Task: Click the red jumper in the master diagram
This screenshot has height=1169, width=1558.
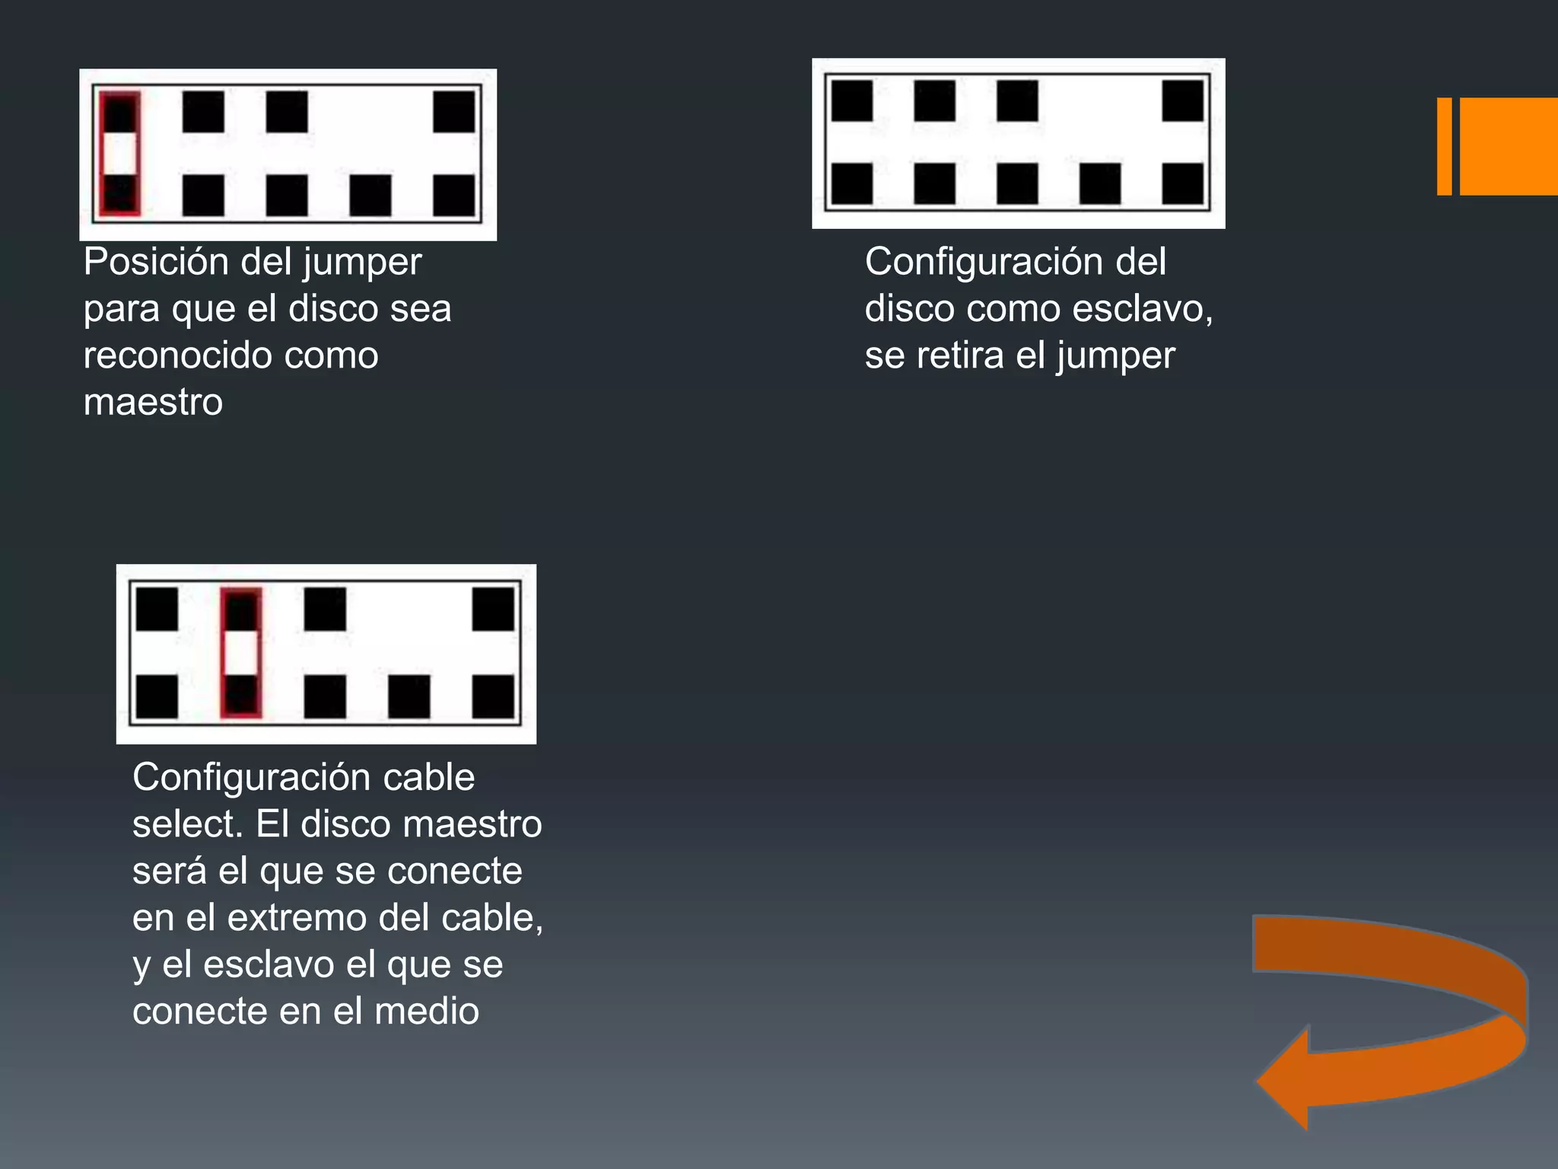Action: pos(120,154)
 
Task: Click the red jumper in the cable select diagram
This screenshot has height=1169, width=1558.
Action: pos(241,652)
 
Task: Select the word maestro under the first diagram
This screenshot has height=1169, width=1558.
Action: pos(153,403)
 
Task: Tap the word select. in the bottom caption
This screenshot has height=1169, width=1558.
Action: pos(187,824)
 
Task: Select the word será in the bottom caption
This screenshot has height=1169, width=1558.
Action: pos(169,871)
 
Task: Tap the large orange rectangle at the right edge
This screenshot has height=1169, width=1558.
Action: pos(1509,146)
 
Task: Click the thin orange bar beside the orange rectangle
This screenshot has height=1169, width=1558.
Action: pos(1444,146)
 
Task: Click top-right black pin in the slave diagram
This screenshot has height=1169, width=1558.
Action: pos(1183,100)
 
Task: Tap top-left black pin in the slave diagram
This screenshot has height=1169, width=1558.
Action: pos(852,100)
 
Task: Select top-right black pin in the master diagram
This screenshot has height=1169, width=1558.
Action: pos(454,112)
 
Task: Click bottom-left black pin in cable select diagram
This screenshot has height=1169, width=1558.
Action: pos(157,696)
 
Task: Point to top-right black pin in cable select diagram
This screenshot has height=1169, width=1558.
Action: pos(493,609)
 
